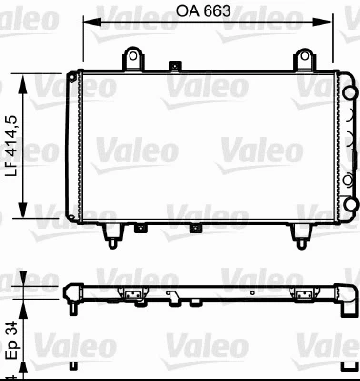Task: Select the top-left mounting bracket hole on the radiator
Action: point(133,59)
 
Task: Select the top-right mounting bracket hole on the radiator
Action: point(306,59)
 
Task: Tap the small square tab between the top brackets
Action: point(172,67)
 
